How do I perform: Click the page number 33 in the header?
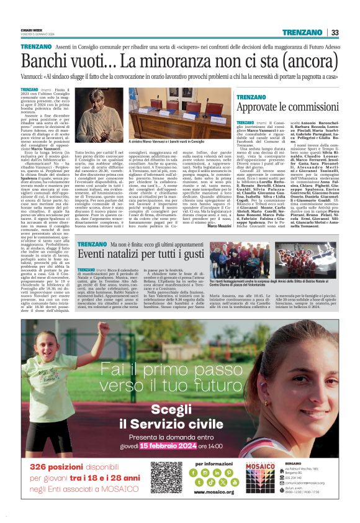[335, 33]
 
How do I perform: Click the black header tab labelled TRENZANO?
[304, 33]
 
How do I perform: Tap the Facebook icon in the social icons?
[199, 472]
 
